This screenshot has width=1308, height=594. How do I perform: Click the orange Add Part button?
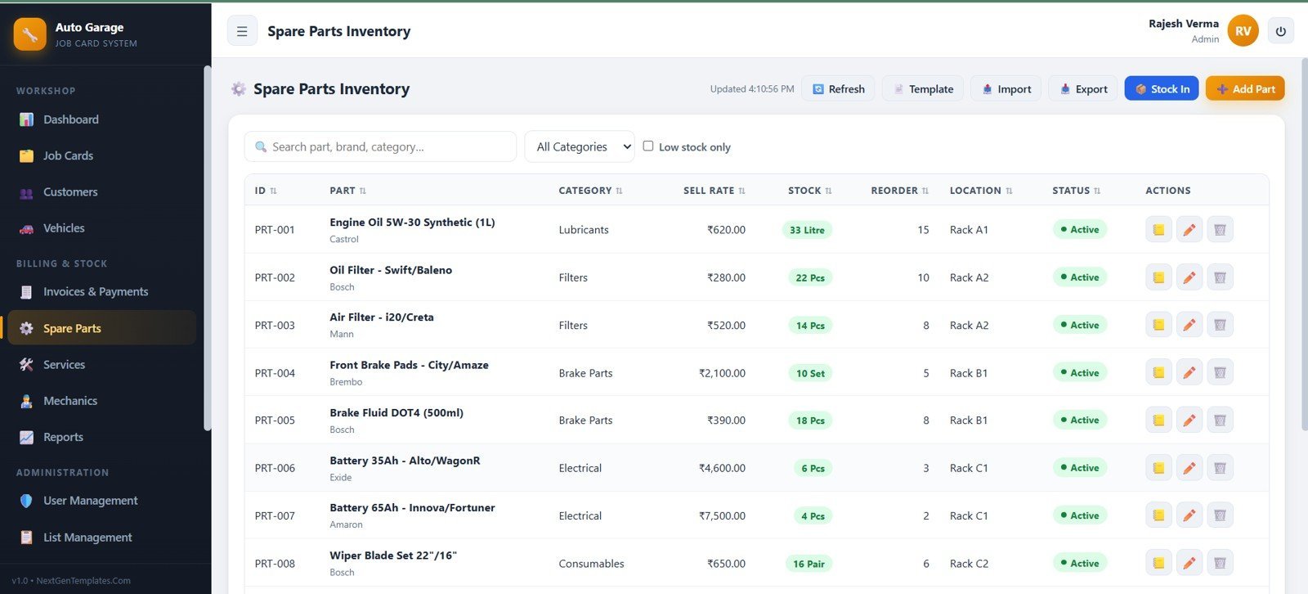click(x=1245, y=88)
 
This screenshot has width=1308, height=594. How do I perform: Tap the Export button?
click(x=1083, y=88)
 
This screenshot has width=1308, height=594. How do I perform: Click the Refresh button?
click(x=838, y=88)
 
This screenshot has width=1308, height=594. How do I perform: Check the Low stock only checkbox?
click(x=648, y=146)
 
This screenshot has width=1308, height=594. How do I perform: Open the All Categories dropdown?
click(x=580, y=146)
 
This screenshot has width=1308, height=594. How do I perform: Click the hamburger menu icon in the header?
click(x=242, y=31)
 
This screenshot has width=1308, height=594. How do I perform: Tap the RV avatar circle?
click(x=1243, y=31)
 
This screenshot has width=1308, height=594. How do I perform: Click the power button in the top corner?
click(x=1280, y=31)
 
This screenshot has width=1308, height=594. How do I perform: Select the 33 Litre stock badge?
click(x=807, y=230)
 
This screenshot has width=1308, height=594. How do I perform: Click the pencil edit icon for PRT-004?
click(x=1189, y=372)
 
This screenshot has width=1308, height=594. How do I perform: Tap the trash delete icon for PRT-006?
click(x=1220, y=468)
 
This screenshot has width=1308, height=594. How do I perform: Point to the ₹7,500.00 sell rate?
click(x=722, y=515)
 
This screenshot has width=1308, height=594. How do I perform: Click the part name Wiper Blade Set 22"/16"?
click(x=393, y=556)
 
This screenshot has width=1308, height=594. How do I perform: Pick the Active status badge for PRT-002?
click(x=1080, y=277)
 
